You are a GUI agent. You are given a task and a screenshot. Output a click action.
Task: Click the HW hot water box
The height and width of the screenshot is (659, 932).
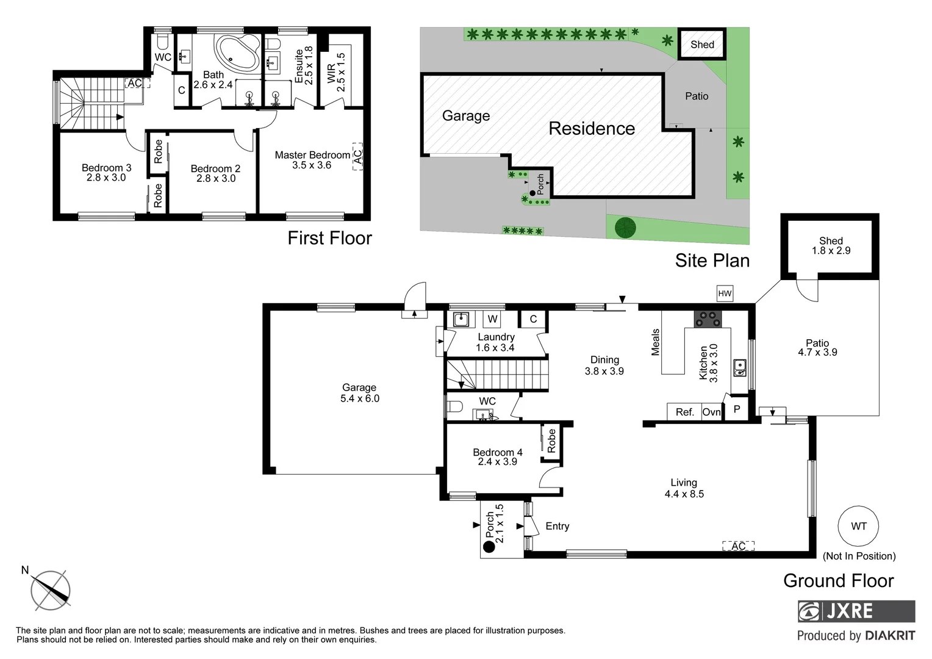725,293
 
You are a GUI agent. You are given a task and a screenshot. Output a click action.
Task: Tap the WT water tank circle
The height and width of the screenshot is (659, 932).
858,526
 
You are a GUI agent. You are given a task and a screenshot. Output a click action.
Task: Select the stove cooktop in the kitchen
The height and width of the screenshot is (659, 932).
708,318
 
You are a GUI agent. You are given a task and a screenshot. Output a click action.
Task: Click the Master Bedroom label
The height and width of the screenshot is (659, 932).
312,155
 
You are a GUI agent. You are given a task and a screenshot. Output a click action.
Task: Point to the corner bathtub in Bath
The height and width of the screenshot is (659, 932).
237,55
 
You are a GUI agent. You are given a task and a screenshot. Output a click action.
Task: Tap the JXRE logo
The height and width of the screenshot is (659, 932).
856,611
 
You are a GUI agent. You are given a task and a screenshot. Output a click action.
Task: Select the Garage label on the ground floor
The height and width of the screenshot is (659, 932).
359,387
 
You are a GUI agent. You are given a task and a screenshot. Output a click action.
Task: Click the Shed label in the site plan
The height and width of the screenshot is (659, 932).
702,45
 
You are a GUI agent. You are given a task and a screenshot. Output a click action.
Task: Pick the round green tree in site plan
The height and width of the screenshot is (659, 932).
625,228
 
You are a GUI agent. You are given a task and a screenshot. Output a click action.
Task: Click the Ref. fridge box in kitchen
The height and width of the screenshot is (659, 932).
684,412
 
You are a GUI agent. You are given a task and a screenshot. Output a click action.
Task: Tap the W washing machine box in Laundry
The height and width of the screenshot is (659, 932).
492,319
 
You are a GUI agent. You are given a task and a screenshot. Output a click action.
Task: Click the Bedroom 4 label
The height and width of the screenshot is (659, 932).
497,452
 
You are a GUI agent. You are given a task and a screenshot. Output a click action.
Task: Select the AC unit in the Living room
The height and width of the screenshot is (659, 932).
738,546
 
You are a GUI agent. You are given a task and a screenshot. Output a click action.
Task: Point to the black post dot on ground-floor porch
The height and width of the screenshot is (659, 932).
489,547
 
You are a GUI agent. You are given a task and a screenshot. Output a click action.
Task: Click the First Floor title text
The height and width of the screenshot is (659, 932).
329,238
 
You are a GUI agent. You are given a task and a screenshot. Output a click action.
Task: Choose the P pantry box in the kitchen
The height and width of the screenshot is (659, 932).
736,409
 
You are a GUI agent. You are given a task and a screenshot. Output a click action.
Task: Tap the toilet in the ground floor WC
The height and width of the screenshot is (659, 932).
454,407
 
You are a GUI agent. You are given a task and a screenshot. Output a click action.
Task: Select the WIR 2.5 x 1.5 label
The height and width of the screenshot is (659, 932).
335,72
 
